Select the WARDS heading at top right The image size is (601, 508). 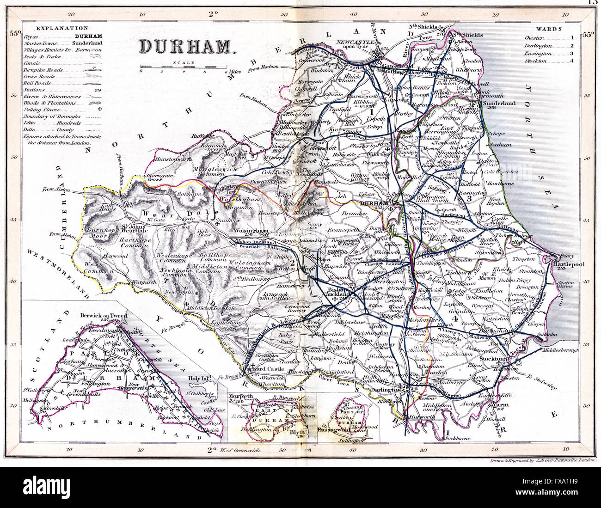coord(550,29)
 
